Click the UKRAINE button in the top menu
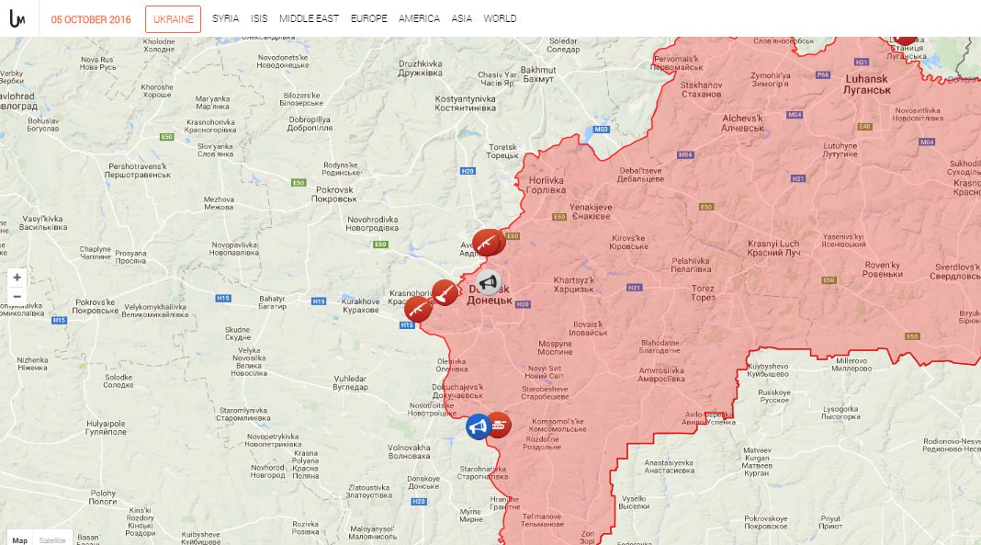pos(173,18)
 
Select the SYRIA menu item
pos(225,18)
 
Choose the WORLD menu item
pos(500,18)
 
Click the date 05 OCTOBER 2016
pos(91,19)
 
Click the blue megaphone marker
pos(477,426)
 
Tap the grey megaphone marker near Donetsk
pos(489,282)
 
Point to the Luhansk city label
pos(866,85)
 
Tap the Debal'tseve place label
pos(640,175)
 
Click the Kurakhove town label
pos(360,305)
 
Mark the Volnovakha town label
pos(409,451)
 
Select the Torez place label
pos(704,292)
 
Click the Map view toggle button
pos(19,539)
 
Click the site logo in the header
pos(17,18)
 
